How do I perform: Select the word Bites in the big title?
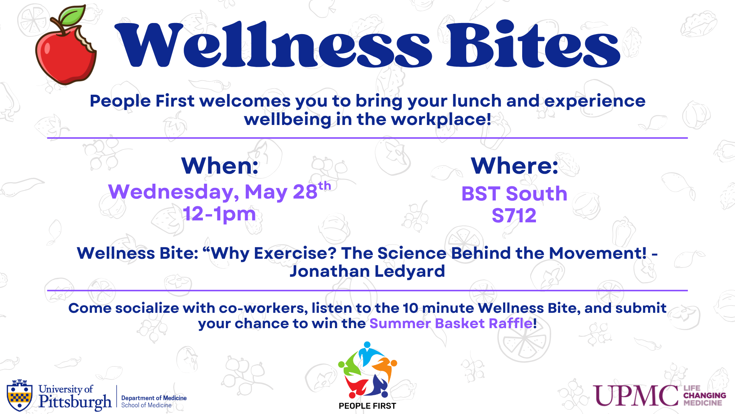(x=534, y=44)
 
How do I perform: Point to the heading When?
(x=220, y=166)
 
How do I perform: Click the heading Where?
(x=514, y=166)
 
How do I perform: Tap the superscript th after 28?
(x=325, y=186)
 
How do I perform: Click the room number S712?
(x=514, y=215)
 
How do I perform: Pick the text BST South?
(x=514, y=194)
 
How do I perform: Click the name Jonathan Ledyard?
(x=367, y=271)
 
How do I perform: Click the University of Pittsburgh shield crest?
(x=20, y=395)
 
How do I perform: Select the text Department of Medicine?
(x=154, y=398)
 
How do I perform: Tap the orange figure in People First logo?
(x=385, y=368)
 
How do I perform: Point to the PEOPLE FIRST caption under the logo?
(x=367, y=406)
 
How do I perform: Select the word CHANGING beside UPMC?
(x=705, y=396)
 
